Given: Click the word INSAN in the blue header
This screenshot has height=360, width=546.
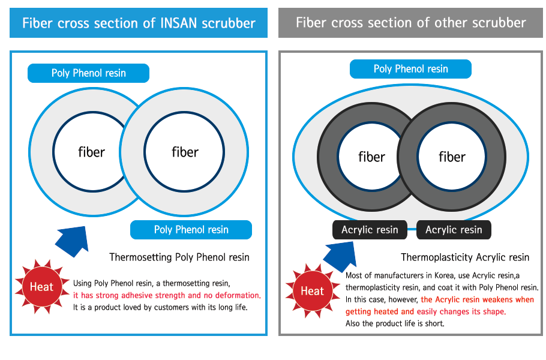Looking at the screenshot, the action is click(x=179, y=23).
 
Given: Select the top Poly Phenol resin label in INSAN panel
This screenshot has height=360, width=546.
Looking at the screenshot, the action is click(x=88, y=73).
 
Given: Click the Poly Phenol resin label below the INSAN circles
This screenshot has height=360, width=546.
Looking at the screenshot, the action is click(x=191, y=230).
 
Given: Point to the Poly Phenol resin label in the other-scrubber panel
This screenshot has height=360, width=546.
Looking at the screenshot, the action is click(x=410, y=69).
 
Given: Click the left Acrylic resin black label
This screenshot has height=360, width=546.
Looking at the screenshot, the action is click(x=370, y=230).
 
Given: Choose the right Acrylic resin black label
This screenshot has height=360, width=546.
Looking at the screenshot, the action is click(x=454, y=230).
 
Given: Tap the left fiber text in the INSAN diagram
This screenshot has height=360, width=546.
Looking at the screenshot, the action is click(x=91, y=152).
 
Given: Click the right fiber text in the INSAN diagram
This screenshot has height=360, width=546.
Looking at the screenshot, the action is click(x=185, y=152).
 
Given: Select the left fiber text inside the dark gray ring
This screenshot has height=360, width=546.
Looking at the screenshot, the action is click(x=371, y=157).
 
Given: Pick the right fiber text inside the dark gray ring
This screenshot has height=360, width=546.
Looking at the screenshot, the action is click(x=452, y=157).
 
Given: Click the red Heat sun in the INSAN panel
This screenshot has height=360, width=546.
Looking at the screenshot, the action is click(x=42, y=287).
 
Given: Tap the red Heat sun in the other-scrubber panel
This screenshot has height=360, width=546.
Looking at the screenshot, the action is click(x=313, y=291).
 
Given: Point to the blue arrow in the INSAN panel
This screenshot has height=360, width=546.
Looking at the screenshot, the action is click(x=73, y=241).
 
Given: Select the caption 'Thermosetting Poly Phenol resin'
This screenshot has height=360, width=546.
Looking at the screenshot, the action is click(x=179, y=257).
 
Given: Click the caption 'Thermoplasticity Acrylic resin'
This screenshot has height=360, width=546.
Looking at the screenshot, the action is click(x=465, y=257).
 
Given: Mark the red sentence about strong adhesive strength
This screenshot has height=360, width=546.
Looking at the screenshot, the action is click(x=167, y=296).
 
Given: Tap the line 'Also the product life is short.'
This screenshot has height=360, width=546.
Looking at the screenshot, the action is click(x=395, y=324).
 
